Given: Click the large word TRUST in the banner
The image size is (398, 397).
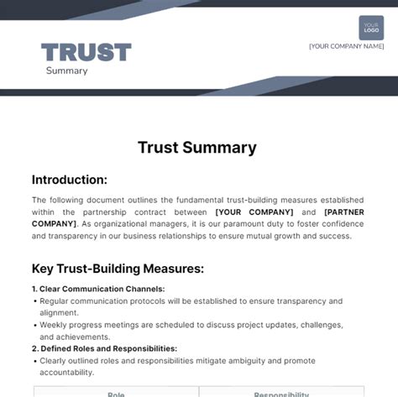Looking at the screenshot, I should pyautogui.click(x=86, y=53).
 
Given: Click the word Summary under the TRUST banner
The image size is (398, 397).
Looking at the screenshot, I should pyautogui.click(x=67, y=71).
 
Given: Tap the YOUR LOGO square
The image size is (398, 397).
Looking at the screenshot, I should pyautogui.click(x=371, y=28).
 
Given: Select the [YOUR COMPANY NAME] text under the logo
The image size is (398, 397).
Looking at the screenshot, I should pyautogui.click(x=346, y=46).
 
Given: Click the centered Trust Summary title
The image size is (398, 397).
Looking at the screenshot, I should pyautogui.click(x=197, y=148).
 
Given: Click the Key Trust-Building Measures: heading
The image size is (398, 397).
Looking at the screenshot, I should pyautogui.click(x=118, y=269).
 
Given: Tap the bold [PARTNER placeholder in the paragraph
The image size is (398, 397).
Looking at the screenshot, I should pyautogui.click(x=344, y=212).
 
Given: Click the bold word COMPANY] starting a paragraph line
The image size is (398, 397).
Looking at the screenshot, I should pyautogui.click(x=53, y=224).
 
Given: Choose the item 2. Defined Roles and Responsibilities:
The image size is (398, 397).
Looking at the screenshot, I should pyautogui.click(x=104, y=347).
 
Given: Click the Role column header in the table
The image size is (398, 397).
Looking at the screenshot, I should pyautogui.click(x=116, y=393).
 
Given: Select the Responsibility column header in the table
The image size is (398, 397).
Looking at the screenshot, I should pyautogui.click(x=280, y=393).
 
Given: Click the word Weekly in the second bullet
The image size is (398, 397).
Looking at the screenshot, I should pyautogui.click(x=54, y=324).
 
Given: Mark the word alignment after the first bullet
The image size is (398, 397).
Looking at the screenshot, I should pyautogui.click(x=59, y=312).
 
